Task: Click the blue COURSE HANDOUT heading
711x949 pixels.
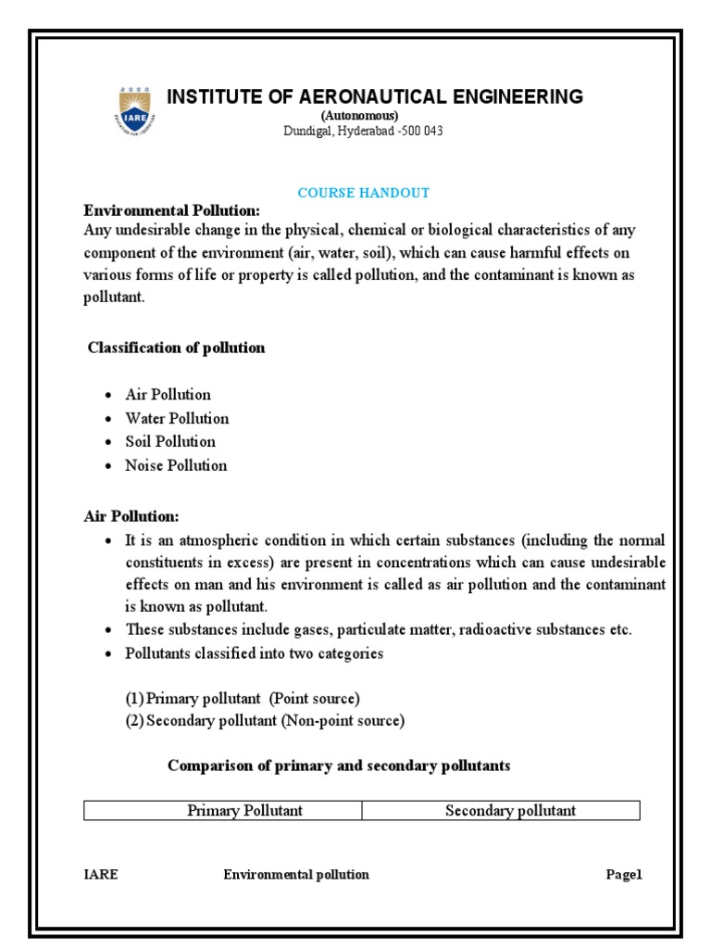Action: (363, 193)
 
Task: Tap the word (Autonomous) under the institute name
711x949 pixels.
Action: (360, 116)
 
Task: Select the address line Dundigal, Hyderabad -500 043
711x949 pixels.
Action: (363, 131)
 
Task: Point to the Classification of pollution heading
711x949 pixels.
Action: (176, 348)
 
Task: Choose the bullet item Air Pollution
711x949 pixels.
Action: (168, 394)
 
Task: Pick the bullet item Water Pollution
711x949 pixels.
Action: (177, 418)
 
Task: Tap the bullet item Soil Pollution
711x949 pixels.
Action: (170, 441)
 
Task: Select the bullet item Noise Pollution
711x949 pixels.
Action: (176, 465)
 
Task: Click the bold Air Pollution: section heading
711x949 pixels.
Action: (131, 515)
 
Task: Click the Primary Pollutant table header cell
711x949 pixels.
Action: (244, 811)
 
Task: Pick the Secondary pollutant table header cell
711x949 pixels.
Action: (510, 811)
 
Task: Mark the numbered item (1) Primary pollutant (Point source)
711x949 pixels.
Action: (243, 698)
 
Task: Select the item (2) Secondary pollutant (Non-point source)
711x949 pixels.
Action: (266, 720)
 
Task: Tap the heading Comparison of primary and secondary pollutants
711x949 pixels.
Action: (339, 766)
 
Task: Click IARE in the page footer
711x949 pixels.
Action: (101, 875)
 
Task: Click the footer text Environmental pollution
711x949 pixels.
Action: (296, 875)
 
